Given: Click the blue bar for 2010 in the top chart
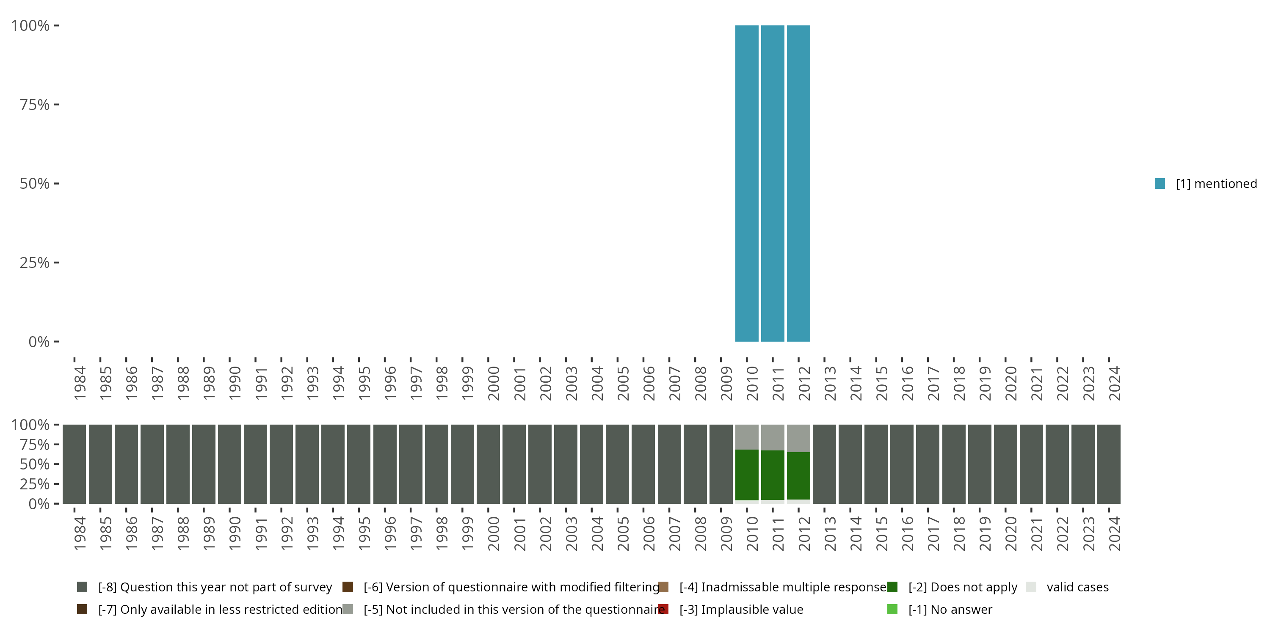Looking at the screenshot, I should [746, 183].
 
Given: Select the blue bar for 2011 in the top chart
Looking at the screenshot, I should [773, 183].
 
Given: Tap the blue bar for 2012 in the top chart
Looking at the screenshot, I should [798, 183].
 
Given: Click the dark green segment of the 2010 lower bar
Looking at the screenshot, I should [746, 474].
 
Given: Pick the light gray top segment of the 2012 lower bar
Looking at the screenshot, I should [798, 438].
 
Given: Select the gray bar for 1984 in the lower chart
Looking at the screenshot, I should [75, 464].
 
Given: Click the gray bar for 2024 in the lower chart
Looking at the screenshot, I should [1109, 464].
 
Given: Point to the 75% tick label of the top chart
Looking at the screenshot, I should [35, 105].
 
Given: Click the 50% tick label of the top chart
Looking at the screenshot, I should [35, 183].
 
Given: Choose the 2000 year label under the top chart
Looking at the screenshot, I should [494, 383].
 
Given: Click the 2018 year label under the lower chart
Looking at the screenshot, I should [959, 533].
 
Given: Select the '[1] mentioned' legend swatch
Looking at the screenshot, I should [1160, 183].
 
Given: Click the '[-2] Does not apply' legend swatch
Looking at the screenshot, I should [892, 587].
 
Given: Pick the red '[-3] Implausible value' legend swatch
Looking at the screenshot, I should [663, 609].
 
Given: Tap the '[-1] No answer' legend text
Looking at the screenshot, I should [950, 609].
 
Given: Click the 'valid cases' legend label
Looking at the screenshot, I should [1077, 587].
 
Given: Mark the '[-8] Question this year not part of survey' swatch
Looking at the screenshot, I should [82, 587].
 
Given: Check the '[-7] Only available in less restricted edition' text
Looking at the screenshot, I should [220, 609].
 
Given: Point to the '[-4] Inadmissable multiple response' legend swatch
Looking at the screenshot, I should [663, 587].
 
